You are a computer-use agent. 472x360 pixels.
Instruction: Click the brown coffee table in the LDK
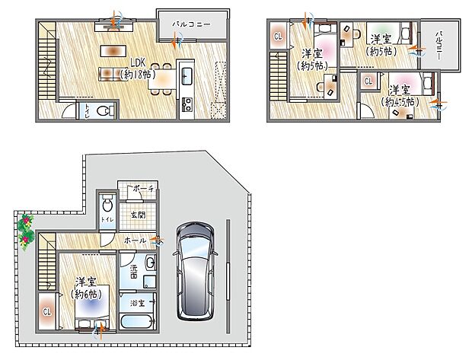tap(113, 51)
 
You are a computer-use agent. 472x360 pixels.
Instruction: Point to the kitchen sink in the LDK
tap(187, 75)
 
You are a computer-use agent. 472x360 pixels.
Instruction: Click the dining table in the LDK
tap(161, 75)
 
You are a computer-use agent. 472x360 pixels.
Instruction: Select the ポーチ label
tap(142, 188)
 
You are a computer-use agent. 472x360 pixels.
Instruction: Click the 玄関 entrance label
tap(139, 215)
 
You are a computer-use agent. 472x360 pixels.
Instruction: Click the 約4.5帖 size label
tap(400, 100)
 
